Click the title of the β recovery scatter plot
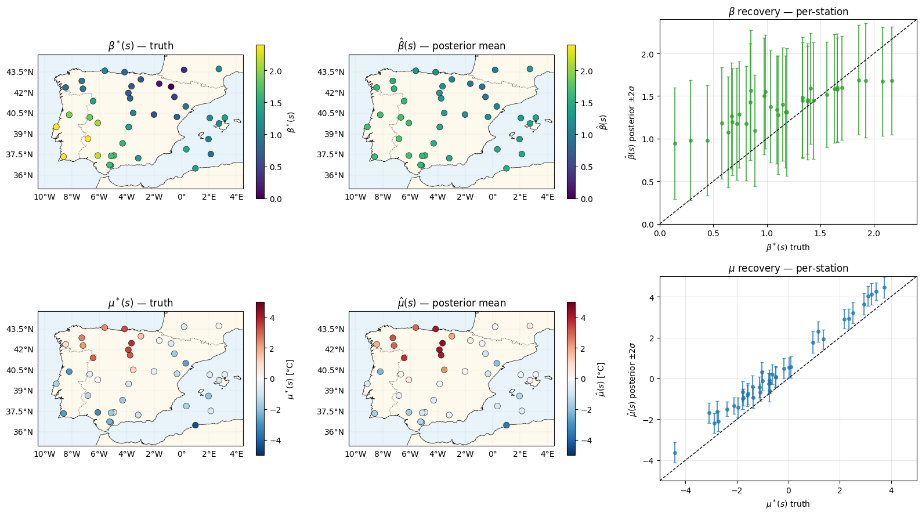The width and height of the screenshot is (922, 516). [x=788, y=12]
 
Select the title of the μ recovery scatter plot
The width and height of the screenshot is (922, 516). [x=788, y=268]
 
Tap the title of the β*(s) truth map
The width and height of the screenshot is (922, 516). [x=140, y=46]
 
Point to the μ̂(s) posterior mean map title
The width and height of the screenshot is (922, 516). [x=451, y=303]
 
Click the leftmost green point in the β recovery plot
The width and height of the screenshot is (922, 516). [x=675, y=143]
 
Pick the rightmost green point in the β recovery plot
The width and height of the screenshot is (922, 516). [x=892, y=81]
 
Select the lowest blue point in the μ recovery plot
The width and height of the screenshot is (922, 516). [x=675, y=453]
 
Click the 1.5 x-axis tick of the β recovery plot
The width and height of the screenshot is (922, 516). [x=820, y=233]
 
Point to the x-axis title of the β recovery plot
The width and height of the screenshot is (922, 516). [x=788, y=247]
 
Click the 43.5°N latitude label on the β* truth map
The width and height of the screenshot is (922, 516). [x=20, y=72]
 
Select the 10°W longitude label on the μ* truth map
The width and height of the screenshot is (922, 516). [x=45, y=454]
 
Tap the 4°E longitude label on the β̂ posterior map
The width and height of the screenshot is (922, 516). [x=547, y=197]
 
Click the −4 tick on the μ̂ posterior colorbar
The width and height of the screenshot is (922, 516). [x=586, y=441]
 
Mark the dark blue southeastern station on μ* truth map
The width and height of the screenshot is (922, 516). [x=195, y=425]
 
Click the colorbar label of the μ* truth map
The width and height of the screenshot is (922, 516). [x=290, y=379]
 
